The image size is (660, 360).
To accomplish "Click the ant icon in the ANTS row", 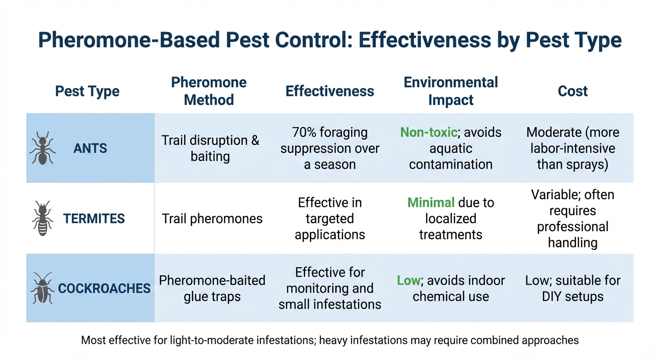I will tap(43, 148).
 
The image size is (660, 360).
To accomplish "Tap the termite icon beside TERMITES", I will tap(43, 218).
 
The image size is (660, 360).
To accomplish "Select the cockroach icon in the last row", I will tap(43, 288).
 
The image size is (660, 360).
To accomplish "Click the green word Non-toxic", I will tap(428, 133).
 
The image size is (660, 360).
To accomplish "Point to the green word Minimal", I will tap(431, 203).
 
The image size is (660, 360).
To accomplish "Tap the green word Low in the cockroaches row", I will tap(407, 281).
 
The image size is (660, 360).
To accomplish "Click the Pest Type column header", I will tap(87, 91).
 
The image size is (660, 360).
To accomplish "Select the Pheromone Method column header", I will tap(209, 91).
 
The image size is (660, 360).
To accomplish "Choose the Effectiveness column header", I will tap(330, 91).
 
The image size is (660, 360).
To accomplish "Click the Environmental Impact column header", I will tap(450, 91).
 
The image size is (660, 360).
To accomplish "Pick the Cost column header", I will tap(572, 91).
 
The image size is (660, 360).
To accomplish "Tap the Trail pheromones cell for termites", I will tap(212, 218).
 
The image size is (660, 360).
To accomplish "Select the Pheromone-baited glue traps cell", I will tap(212, 288).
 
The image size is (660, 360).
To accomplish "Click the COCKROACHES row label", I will tap(104, 288).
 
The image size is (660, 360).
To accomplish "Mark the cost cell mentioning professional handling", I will tap(572, 218).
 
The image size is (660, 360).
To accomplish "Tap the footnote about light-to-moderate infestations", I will tap(330, 340).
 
